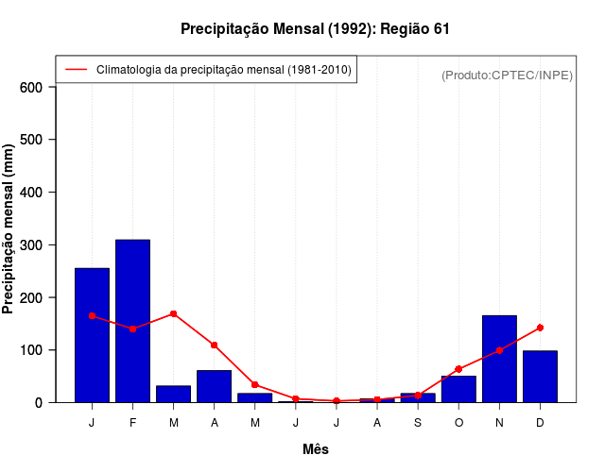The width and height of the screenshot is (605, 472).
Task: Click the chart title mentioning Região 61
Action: [315, 29]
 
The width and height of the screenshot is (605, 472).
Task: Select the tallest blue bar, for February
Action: [132, 321]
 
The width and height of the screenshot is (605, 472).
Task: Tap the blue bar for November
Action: [499, 359]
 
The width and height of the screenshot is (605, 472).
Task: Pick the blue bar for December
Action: [540, 377]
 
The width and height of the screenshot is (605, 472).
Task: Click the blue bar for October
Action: [458, 389]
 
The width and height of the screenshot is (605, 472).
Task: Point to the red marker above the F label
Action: [132, 329]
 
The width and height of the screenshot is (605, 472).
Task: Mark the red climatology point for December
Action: [540, 328]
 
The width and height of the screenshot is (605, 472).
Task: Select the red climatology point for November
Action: [499, 350]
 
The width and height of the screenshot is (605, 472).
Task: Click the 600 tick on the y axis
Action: [31, 88]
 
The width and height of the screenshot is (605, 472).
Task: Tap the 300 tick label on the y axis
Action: [31, 245]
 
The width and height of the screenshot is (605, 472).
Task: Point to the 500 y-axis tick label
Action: [31, 141]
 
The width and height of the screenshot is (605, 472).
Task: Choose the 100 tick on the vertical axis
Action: [31, 350]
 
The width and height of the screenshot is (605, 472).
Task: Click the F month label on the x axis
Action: [132, 422]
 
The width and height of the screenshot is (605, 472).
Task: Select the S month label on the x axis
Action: [418, 422]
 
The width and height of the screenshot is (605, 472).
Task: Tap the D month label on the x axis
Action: [540, 422]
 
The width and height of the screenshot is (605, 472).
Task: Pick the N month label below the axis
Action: [499, 422]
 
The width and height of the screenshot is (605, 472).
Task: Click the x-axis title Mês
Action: [316, 449]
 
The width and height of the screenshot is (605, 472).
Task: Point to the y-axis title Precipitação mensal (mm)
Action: [9, 229]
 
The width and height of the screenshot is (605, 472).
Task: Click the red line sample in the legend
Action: [77, 70]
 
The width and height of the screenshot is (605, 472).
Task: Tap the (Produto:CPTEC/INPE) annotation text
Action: [507, 75]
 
